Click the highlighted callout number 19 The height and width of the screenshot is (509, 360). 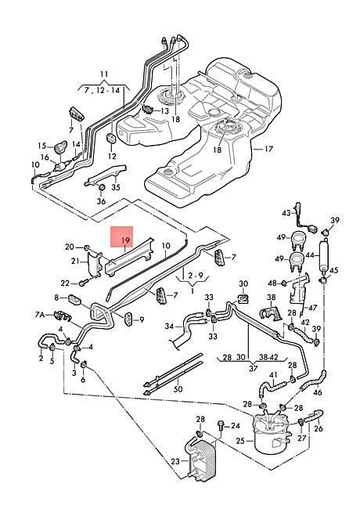coord(126,240)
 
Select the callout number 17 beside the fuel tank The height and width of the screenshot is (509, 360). coord(269,149)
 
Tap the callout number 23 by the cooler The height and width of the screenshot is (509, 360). coord(175,461)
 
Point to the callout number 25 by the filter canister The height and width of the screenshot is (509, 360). coord(240,441)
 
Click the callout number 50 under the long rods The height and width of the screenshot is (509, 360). coord(178,388)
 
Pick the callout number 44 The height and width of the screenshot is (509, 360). coord(310,255)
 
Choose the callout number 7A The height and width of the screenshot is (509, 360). coord(40,314)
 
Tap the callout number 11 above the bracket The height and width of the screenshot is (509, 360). coord(104,74)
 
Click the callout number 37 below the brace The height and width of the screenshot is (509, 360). coord(253,369)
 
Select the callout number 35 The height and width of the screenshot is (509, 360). coord(116,187)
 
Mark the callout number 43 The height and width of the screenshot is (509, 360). coord(286,213)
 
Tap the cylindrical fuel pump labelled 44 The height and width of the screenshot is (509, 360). coord(324,255)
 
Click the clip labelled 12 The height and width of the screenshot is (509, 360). coord(112,139)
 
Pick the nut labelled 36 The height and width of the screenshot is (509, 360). coord(101,187)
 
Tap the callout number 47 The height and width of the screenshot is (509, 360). coord(313,308)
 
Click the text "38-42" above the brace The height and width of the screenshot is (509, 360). coord(268,357)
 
